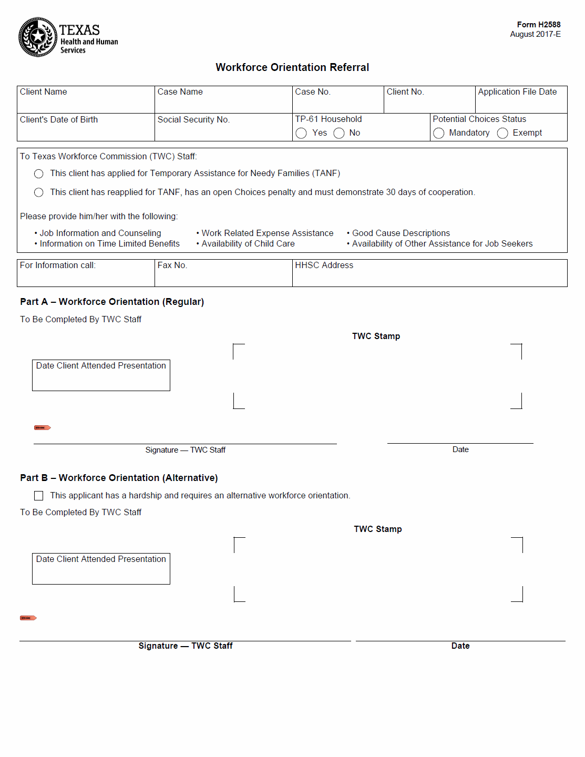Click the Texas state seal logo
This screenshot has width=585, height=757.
point(38,37)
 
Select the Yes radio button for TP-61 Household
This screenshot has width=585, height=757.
point(301,133)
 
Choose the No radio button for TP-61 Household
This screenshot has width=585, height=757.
point(339,133)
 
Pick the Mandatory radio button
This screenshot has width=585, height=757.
point(439,133)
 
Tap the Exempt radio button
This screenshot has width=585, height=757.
point(502,133)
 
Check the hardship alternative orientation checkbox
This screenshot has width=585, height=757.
point(39,496)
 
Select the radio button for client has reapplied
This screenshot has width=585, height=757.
point(39,192)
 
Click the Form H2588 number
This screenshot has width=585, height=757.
point(538,25)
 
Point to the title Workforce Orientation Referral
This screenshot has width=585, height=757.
point(292,67)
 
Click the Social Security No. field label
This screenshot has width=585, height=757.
point(193,120)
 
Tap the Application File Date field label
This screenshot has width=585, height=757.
point(517,92)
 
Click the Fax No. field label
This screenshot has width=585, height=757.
point(172,265)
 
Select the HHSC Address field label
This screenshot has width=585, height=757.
point(324,265)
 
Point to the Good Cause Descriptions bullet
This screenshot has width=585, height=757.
point(401,233)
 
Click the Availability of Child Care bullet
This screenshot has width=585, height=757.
point(248,244)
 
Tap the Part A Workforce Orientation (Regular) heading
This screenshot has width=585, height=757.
point(112,302)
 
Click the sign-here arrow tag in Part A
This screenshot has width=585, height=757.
point(42,428)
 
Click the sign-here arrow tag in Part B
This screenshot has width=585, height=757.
point(28,618)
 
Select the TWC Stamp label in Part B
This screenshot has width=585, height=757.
point(377,529)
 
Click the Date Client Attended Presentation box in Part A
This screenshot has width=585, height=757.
point(101,375)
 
